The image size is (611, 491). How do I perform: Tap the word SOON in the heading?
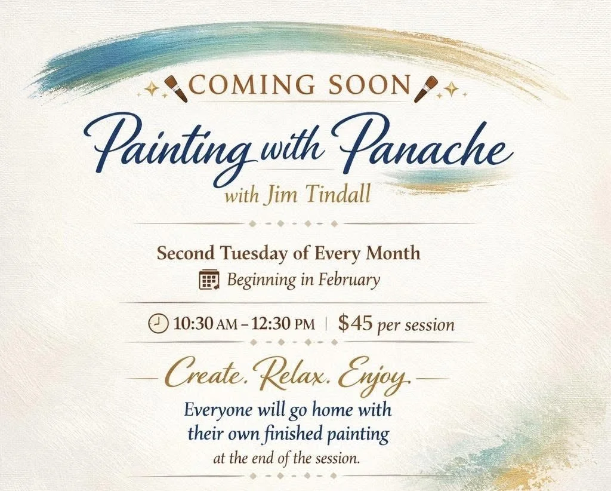pos(369,86)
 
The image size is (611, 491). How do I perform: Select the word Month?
pos(393,253)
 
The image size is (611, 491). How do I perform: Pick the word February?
pos(348,280)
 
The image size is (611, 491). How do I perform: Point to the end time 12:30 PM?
pos(281,324)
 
